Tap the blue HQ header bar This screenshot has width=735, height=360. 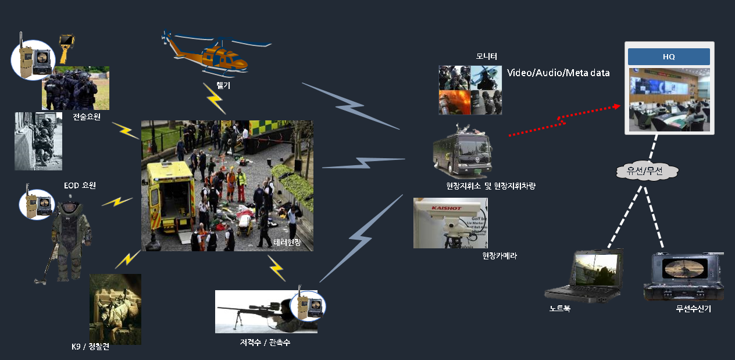point(669,57)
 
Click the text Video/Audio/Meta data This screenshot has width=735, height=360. point(558,73)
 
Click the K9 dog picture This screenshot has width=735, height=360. point(115,309)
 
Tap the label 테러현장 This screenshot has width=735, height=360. point(287,242)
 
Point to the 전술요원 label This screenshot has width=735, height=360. point(87,117)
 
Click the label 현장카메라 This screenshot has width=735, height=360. point(499,256)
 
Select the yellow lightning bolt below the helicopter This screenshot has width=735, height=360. point(215,98)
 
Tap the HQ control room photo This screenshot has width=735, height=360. point(669,98)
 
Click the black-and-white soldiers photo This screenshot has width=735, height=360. point(38,141)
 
